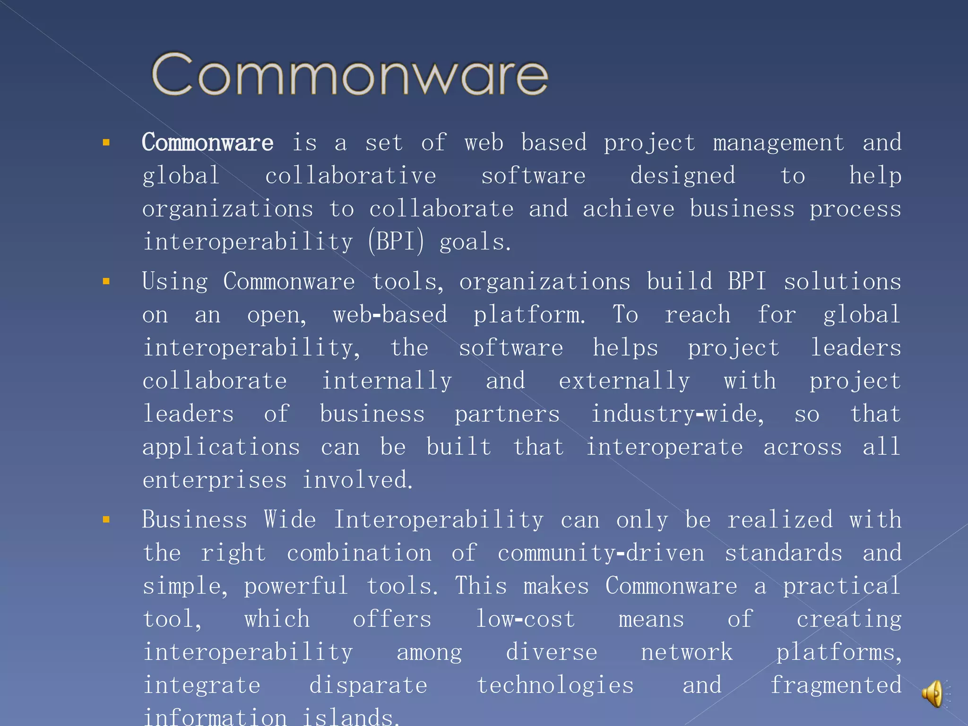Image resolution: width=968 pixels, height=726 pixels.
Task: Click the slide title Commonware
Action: (x=350, y=75)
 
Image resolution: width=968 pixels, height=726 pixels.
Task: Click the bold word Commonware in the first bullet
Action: (x=207, y=143)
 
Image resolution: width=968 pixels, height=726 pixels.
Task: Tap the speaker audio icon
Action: (x=933, y=693)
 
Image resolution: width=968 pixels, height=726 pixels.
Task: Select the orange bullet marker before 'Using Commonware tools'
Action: (x=106, y=282)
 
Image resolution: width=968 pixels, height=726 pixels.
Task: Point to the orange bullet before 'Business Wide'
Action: (x=106, y=520)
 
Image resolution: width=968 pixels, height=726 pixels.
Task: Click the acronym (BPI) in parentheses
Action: (x=396, y=242)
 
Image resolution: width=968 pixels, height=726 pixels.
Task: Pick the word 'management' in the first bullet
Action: (x=778, y=143)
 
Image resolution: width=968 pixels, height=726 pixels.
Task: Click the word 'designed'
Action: (x=683, y=176)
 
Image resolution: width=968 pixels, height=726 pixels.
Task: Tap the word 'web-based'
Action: (x=390, y=315)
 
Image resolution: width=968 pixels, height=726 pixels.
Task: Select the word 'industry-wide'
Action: (x=677, y=414)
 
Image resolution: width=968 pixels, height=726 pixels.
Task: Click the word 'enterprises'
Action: (x=215, y=481)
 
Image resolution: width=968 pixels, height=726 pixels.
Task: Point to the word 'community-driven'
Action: (x=601, y=553)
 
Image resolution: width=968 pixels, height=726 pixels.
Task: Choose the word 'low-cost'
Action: (x=525, y=619)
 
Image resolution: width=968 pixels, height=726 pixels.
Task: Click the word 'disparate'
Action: (x=368, y=685)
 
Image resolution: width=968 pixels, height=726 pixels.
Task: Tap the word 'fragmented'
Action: (x=836, y=685)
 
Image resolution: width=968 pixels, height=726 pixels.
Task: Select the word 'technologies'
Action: (x=555, y=685)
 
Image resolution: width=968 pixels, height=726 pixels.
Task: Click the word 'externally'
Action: (x=624, y=381)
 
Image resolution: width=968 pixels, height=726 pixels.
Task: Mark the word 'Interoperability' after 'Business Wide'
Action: (x=439, y=520)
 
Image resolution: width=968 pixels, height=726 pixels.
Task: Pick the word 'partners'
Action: (x=507, y=415)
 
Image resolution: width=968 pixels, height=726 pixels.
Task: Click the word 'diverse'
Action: (x=552, y=652)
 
